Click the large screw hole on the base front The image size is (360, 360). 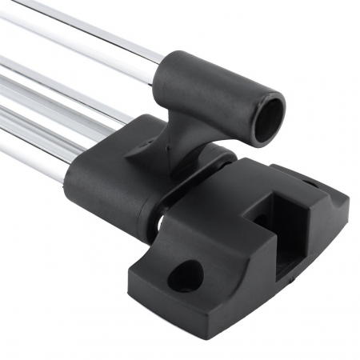coord(186,275)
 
